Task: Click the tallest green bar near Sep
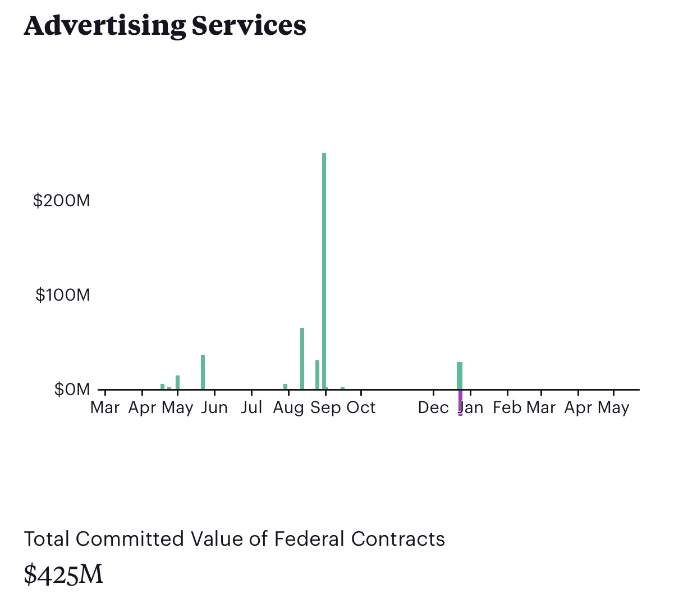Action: tap(324, 270)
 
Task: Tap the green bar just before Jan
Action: tap(460, 375)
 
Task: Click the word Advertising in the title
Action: tap(104, 26)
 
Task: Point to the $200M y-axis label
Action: tap(62, 201)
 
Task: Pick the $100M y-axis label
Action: tap(63, 295)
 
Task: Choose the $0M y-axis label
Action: tap(72, 389)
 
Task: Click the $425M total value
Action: tap(63, 574)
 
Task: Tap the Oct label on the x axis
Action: tap(361, 407)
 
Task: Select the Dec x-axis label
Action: tap(433, 407)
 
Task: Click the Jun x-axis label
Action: tap(214, 407)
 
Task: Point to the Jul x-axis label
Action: tap(251, 407)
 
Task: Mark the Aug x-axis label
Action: tap(288, 407)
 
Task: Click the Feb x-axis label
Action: tap(507, 407)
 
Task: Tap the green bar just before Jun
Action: tap(203, 372)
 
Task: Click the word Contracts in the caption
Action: tap(398, 539)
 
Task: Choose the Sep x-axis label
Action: tap(325, 407)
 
